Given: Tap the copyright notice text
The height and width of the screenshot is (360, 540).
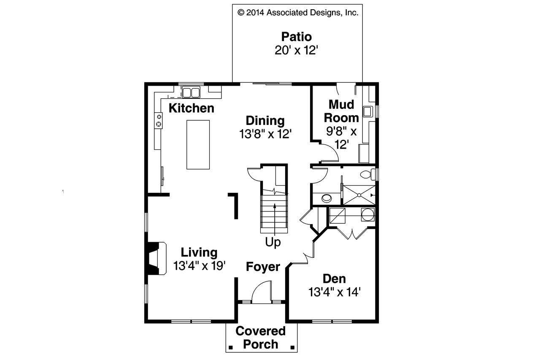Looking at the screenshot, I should click(x=298, y=13).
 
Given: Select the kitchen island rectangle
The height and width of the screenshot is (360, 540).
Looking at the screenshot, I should click(x=198, y=144).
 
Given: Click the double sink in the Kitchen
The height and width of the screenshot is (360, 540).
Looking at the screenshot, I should click(x=191, y=92).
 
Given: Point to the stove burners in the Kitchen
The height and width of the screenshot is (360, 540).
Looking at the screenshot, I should click(x=159, y=119).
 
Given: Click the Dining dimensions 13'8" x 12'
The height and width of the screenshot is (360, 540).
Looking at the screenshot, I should click(x=266, y=134).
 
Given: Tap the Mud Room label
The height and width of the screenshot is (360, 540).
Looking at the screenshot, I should click(x=341, y=111).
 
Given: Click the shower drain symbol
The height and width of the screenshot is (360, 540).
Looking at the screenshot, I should click(x=359, y=195).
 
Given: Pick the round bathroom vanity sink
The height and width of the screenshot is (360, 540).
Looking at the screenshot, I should click(x=326, y=198).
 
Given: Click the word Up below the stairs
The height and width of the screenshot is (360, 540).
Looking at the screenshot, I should click(x=273, y=243).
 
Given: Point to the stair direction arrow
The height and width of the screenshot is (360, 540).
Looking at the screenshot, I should click(x=275, y=219).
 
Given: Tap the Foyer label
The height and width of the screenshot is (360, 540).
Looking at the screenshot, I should click(x=263, y=267).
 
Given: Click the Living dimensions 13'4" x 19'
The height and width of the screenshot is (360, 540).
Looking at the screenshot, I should click(x=199, y=265).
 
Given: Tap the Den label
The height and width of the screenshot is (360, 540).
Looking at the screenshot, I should click(x=334, y=279).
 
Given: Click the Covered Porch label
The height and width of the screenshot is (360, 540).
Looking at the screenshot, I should click(x=260, y=337).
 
